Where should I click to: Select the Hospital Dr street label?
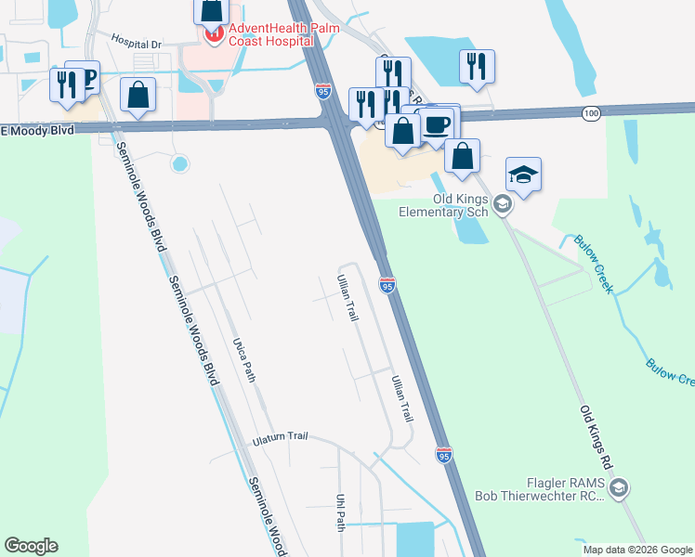(136, 43)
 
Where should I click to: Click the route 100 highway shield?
(591, 112)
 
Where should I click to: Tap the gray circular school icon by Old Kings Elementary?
(503, 203)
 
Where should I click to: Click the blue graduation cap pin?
(523, 175)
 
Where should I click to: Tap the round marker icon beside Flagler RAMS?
(620, 487)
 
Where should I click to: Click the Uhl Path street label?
(340, 512)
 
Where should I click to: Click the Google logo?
(31, 546)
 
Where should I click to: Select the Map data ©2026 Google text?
(637, 550)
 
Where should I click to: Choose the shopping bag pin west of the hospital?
(138, 95)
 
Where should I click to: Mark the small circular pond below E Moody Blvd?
(179, 164)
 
